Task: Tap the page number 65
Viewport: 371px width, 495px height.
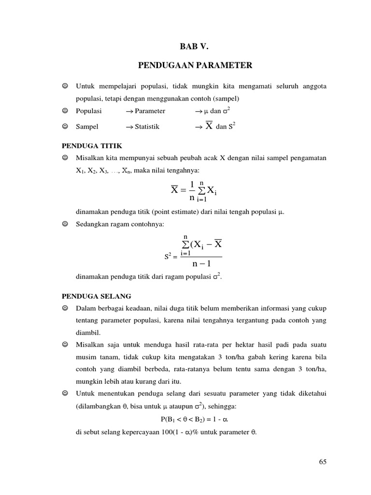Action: coord(323,462)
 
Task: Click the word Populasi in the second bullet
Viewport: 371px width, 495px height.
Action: coord(89,111)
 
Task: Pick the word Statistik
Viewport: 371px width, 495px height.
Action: coord(147,127)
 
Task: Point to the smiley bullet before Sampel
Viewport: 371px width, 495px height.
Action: coord(65,127)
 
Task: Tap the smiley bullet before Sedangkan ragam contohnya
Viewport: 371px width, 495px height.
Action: coord(65,224)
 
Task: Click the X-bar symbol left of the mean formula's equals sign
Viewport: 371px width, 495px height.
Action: coord(175,190)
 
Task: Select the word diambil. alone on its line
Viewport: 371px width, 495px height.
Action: coord(88,333)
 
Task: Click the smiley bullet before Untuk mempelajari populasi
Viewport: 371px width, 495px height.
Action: coord(65,86)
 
